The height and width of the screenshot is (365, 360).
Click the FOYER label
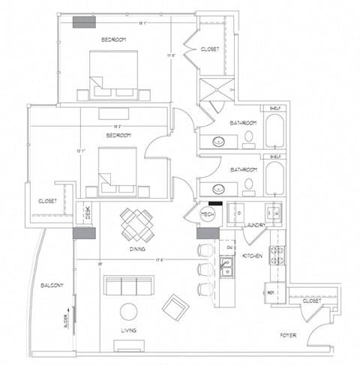coord(289,335)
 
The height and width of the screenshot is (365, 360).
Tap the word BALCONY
coord(52,285)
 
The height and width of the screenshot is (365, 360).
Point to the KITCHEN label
coord(252,256)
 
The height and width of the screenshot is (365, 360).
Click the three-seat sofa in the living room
coord(128,285)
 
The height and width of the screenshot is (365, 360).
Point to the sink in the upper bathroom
coord(219,140)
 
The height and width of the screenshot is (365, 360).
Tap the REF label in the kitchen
coord(270,292)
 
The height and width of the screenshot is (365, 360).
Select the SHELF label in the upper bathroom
coord(274,109)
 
